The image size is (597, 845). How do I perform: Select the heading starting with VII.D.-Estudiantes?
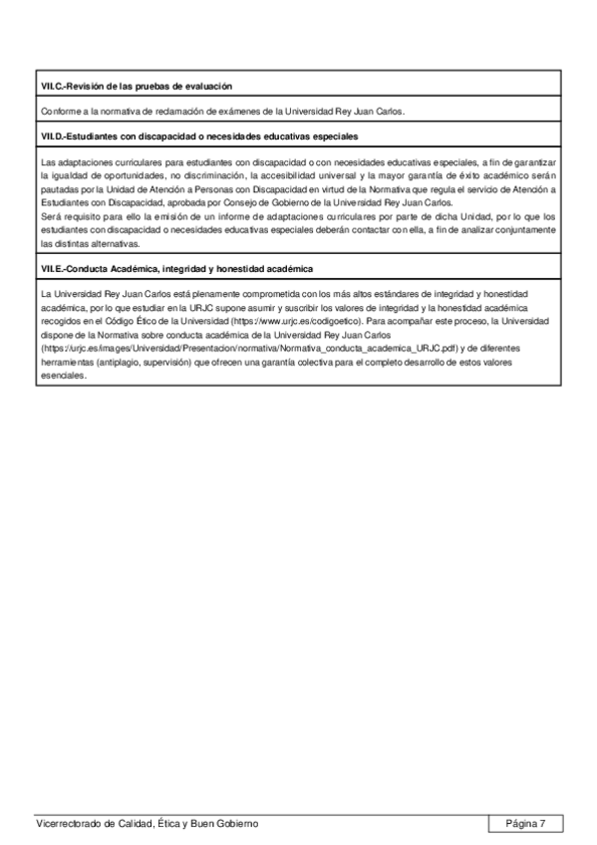[x=200, y=135]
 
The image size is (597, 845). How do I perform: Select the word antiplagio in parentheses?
[x=115, y=364]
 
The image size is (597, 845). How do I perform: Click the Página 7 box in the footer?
[x=526, y=823]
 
